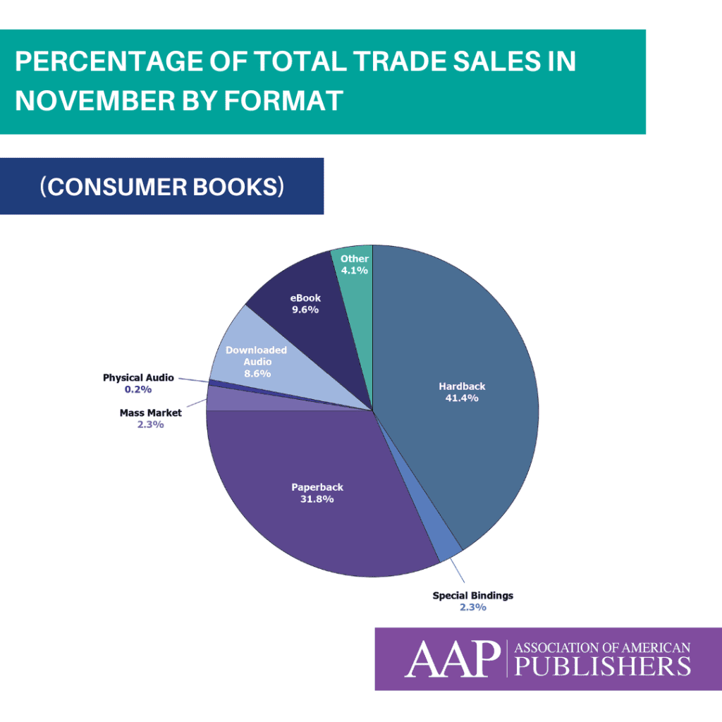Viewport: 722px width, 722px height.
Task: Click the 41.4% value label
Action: point(463,398)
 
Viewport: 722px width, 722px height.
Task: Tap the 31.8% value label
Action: point(317,498)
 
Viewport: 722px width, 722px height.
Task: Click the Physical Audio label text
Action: point(138,378)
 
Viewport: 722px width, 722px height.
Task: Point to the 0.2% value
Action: point(138,389)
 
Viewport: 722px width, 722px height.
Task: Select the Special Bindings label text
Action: point(472,596)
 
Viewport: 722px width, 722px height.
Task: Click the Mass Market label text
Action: point(150,413)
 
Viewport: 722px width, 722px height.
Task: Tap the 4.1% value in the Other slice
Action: point(355,270)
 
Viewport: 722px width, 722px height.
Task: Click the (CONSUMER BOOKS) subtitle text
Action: point(162,187)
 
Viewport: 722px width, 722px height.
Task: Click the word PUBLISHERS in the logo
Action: point(603,666)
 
